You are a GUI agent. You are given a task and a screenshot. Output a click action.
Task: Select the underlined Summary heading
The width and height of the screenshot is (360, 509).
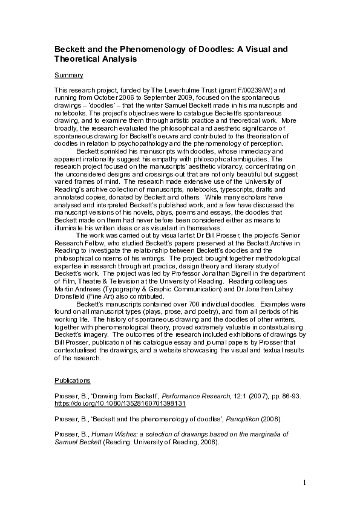point(68,75)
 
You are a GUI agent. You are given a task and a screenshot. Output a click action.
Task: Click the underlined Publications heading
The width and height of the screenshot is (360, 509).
point(73,380)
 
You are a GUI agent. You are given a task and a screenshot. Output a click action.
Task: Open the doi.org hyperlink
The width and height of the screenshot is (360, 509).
point(120,403)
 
